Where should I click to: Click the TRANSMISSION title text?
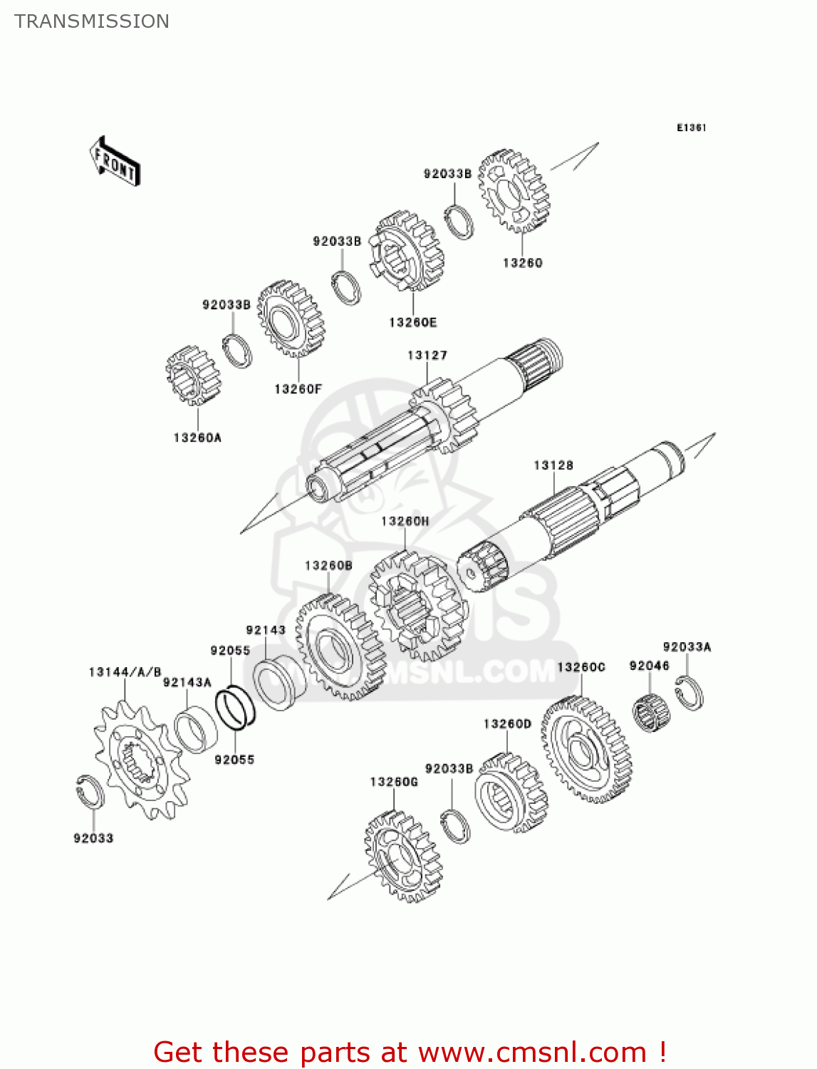click(92, 21)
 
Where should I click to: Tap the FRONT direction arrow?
click(115, 162)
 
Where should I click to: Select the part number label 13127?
click(427, 355)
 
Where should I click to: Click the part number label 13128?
click(553, 465)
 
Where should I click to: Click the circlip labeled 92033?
click(90, 792)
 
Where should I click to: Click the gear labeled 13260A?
click(193, 375)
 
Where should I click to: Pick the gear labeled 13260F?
click(290, 319)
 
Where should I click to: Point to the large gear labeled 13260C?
click(586, 750)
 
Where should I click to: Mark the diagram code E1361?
click(691, 128)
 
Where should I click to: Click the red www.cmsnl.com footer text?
click(410, 1052)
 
